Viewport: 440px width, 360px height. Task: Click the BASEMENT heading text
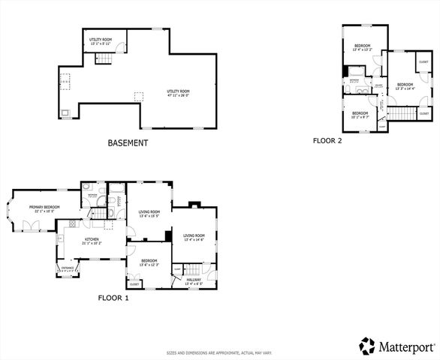tap(128, 142)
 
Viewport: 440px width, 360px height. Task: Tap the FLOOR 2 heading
tap(327, 140)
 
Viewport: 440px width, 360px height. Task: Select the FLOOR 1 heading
tap(113, 298)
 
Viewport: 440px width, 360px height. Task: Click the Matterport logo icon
tap(367, 346)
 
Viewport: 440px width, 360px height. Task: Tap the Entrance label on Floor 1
tap(68, 269)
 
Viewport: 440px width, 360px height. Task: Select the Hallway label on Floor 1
tap(194, 281)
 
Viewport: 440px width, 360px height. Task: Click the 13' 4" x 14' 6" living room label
tap(194, 238)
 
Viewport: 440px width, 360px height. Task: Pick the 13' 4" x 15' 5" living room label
tap(150, 214)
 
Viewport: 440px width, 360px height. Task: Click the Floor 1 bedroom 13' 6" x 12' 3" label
tap(148, 263)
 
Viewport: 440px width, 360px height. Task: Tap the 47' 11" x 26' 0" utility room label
tap(178, 93)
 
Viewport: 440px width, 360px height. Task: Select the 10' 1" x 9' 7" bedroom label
tap(360, 115)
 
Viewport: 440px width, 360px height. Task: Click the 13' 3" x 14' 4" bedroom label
tap(405, 85)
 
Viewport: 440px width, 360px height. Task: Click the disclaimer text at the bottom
tap(219, 352)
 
